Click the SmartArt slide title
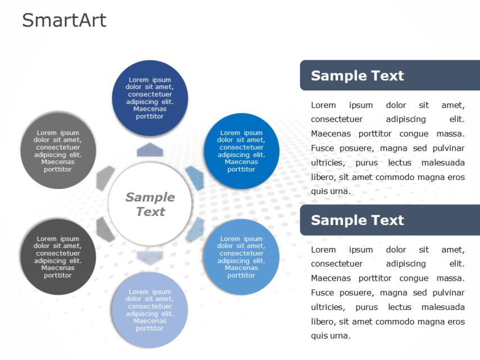64,20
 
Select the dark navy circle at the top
150,98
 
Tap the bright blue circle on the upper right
241,151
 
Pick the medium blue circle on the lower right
241,256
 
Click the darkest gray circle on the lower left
58,256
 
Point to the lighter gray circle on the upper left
58,151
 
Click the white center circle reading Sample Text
150,204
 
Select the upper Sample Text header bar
389,75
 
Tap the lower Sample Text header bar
389,220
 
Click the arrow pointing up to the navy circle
150,150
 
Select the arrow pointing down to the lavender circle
150,258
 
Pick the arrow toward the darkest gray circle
105,229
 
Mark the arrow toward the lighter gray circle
105,178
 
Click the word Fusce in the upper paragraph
322,148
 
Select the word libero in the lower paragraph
323,321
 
